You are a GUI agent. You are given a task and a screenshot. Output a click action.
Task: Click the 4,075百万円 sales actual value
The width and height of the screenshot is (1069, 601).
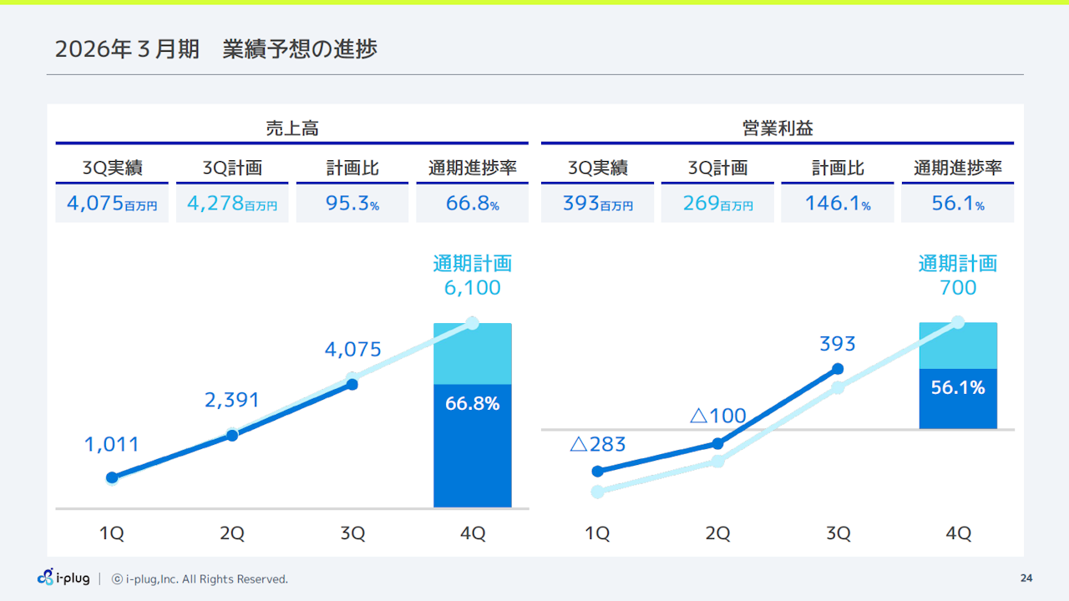click(112, 204)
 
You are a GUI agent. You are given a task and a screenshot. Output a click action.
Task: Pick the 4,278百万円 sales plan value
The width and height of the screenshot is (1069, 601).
click(232, 204)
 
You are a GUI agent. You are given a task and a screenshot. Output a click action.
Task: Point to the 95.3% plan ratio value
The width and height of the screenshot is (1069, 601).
click(352, 204)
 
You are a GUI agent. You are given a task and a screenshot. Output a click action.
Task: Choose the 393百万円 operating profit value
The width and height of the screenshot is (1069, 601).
click(597, 204)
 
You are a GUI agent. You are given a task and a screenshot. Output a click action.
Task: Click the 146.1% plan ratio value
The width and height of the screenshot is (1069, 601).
click(838, 204)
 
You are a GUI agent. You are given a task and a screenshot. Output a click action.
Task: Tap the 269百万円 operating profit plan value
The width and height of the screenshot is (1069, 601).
click(717, 204)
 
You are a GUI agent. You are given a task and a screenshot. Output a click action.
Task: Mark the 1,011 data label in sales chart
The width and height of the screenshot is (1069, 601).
click(112, 445)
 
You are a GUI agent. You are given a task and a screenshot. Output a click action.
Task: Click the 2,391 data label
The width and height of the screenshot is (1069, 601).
click(232, 401)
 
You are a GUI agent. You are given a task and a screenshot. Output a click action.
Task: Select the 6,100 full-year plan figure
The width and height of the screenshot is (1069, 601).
click(473, 288)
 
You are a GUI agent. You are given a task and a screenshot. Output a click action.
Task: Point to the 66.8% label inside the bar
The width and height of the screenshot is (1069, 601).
click(473, 404)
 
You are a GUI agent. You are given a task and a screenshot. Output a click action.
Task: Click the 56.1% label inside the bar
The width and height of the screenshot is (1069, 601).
click(958, 387)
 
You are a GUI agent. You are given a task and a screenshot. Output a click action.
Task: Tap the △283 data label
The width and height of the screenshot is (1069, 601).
click(597, 444)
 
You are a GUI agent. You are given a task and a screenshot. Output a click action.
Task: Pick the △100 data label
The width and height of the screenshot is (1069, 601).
click(717, 415)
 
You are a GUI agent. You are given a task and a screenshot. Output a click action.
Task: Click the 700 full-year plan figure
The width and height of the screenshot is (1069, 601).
click(958, 288)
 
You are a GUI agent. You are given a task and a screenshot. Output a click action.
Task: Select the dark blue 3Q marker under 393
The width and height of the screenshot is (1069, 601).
click(838, 368)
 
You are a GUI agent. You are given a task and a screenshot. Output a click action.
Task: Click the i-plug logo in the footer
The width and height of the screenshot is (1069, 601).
click(63, 578)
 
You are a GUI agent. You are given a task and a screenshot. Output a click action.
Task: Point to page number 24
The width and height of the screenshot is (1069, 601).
click(1026, 578)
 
